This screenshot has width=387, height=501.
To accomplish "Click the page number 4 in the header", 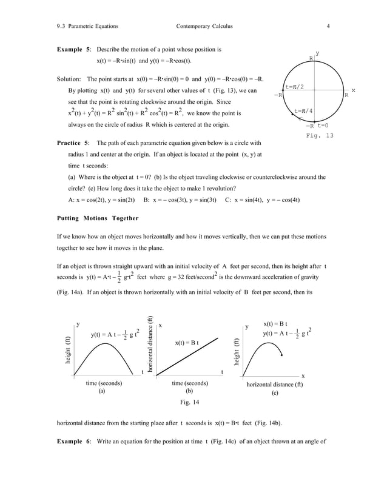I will (x=328, y=26).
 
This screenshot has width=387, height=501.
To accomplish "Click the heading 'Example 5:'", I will (x=73, y=49).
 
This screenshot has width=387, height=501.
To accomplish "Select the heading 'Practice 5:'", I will (x=73, y=143).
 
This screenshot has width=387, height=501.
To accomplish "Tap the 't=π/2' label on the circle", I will (x=298, y=87).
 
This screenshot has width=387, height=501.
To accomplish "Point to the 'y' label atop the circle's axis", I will (x=318, y=54).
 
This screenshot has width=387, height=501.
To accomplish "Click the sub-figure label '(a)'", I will (x=102, y=392).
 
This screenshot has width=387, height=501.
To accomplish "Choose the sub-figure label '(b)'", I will (x=189, y=392).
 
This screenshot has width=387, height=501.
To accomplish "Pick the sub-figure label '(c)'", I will (x=275, y=392).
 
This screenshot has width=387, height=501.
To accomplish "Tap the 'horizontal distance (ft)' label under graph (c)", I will (x=275, y=384).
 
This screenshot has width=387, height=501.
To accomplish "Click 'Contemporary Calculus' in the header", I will (x=204, y=26).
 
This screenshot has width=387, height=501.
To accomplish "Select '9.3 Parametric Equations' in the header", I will (x=87, y=26).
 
